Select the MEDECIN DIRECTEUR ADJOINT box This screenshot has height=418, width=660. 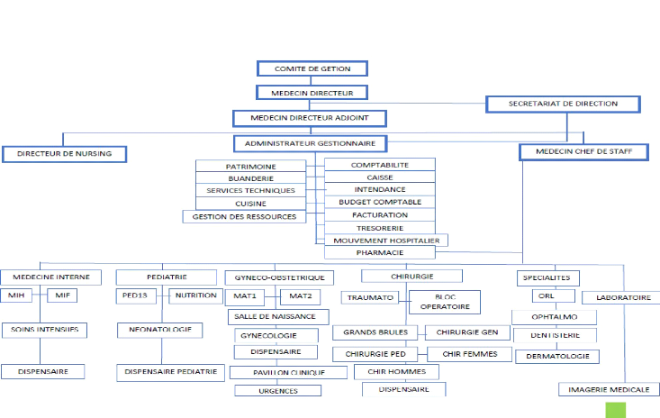click(310, 118)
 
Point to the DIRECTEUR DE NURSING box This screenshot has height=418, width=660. click(64, 154)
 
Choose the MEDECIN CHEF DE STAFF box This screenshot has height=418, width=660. click(583, 152)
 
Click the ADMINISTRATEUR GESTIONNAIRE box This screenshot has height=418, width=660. click(311, 143)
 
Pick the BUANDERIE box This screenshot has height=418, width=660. click(250, 178)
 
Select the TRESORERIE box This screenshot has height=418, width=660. click(379, 228)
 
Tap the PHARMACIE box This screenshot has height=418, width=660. click(379, 253)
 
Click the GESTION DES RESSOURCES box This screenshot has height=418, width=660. click(245, 216)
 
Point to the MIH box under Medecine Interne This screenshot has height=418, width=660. click(18, 295)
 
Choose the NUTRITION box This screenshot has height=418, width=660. click(195, 295)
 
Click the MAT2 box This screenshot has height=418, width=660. click(300, 295)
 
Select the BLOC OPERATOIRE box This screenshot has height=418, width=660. click(445, 302)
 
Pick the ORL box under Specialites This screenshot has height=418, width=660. click(542, 295)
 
